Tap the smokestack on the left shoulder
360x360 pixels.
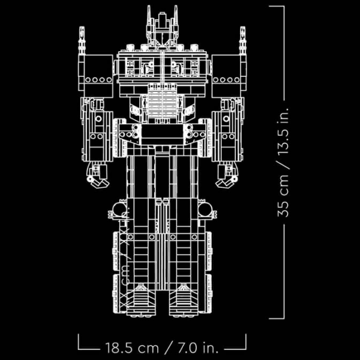pos(82,42)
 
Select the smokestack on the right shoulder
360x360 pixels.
pos(242,42)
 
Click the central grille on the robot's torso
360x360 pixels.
pos(162,102)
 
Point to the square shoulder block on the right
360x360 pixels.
pos(229,75)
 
